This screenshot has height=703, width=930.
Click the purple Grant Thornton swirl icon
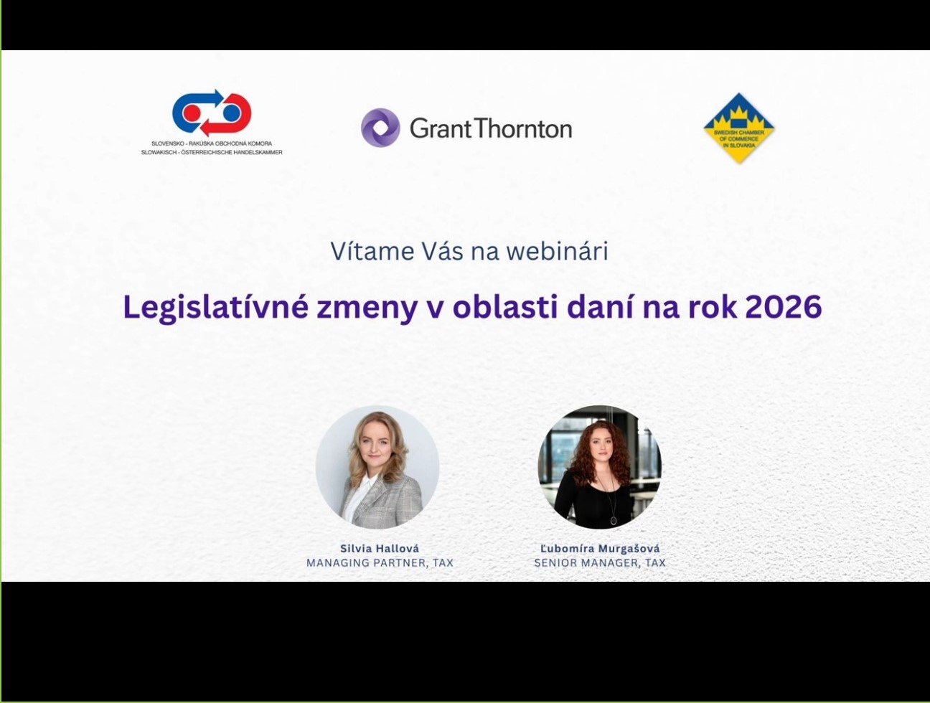coord(380,128)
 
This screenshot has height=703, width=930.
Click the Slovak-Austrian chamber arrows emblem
coord(212,113)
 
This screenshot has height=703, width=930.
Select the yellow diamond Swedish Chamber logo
coord(739,128)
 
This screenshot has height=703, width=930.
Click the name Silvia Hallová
coord(380,549)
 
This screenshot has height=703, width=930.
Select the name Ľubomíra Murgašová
coord(600,549)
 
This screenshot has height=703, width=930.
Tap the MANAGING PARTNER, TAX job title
coord(380,563)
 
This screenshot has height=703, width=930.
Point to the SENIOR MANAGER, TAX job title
coord(600,563)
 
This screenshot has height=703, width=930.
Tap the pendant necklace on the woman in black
coord(613,519)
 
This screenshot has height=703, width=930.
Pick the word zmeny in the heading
coord(367,311)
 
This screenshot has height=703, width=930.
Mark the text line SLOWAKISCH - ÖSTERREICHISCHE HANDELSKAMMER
coord(212,152)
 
